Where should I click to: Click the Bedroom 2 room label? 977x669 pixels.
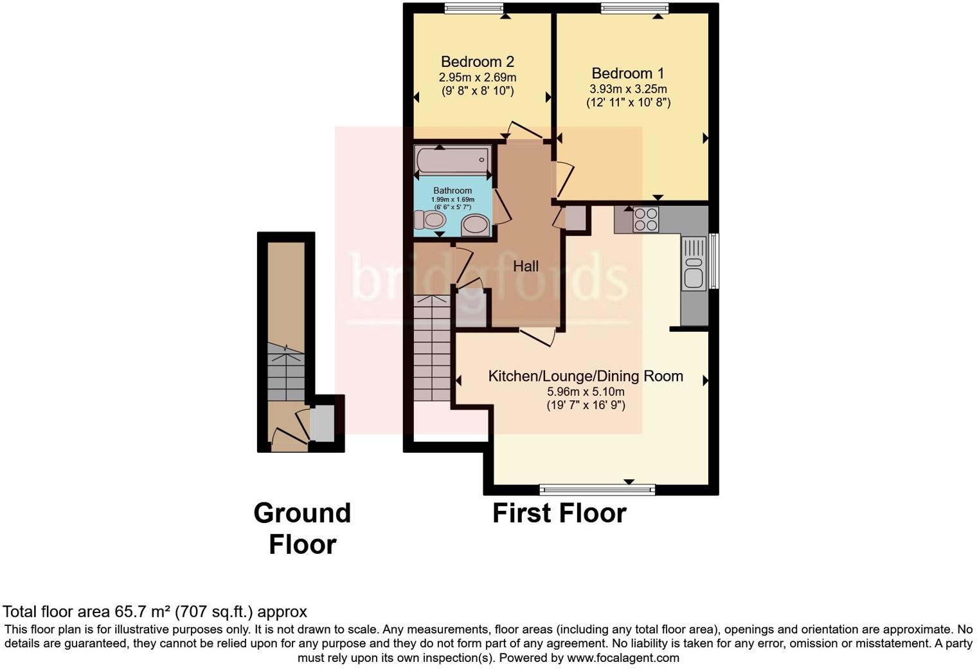pos(477,62)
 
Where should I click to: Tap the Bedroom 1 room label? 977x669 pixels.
pos(627,73)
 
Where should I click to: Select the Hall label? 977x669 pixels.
pos(525,266)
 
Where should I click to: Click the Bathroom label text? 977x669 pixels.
pos(453,190)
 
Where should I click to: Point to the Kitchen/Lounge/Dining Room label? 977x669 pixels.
pos(585,376)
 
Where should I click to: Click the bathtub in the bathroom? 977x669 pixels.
pos(453,160)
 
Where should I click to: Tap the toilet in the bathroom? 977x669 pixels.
pos(429,221)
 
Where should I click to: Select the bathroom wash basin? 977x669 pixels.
pos(475,225)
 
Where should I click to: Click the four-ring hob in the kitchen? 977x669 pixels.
pos(645,219)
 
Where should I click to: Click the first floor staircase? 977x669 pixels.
pos(432,348)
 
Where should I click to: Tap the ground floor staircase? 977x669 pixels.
pos(285,373)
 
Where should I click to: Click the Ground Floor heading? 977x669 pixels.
pos(302,528)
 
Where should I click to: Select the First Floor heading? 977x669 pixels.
pos(559,513)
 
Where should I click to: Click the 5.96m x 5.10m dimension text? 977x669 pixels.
pos(585,392)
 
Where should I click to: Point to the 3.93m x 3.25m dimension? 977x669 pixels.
pos(628,89)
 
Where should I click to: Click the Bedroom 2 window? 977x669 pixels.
pos(474,8)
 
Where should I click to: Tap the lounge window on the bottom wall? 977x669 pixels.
pos(597,490)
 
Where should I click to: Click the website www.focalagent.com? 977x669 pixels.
pos(623,658)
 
